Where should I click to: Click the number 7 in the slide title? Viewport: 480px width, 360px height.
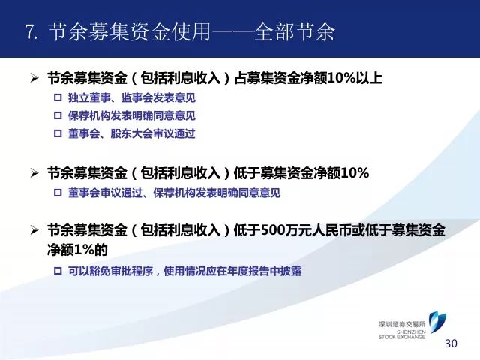29,31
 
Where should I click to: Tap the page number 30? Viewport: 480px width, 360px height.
451,343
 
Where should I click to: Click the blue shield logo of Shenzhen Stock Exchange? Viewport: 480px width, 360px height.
436,322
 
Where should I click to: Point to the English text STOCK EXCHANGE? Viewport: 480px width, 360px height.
402,337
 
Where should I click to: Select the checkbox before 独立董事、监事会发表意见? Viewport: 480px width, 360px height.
58,98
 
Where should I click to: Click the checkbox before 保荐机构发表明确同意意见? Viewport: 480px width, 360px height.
58,115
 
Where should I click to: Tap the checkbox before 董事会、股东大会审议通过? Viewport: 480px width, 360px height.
58,133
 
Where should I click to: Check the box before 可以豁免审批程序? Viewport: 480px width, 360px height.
58,271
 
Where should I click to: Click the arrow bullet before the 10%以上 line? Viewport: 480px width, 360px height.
34,78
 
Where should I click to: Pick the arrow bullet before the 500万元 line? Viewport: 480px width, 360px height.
34,230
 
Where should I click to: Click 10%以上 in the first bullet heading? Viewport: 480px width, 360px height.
355,78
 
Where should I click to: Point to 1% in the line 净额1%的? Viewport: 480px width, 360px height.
83,250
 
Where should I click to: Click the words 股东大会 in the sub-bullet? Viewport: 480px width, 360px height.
132,133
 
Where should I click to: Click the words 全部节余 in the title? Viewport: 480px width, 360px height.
295,31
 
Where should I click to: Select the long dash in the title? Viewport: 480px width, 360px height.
232,31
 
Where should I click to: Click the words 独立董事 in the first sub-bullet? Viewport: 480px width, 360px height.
89,98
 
